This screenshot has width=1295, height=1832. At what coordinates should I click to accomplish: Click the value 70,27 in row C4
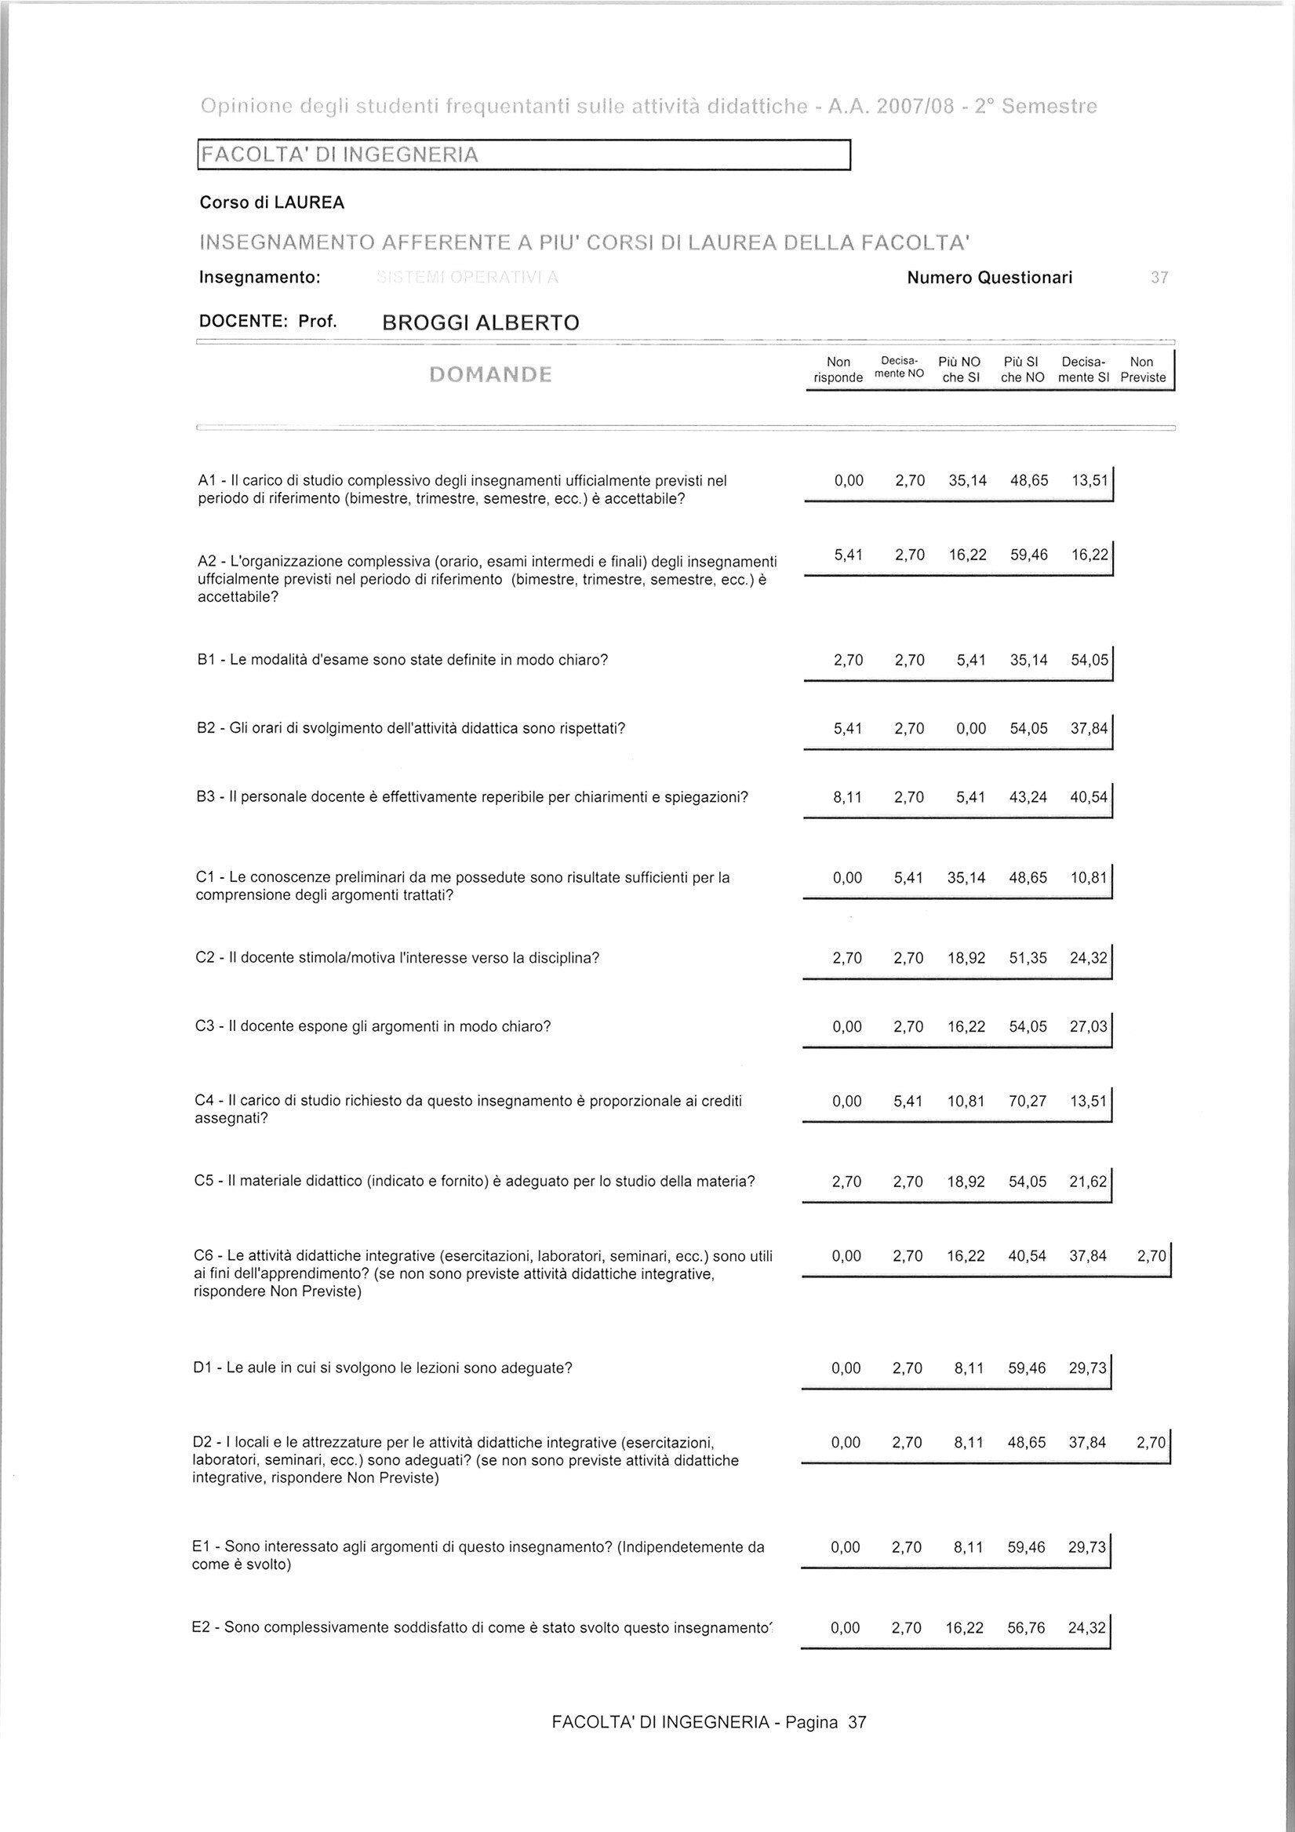[1028, 1101]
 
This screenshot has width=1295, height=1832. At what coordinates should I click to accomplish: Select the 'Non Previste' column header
[1143, 370]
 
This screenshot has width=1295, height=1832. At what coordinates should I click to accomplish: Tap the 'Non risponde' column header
[838, 370]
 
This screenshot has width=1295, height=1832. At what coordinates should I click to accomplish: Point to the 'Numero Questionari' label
[989, 278]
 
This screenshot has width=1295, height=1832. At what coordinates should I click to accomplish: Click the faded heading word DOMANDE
[490, 374]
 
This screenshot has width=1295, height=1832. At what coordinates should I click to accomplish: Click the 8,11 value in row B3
[847, 796]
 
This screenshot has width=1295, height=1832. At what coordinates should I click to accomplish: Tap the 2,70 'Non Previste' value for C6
[1151, 1256]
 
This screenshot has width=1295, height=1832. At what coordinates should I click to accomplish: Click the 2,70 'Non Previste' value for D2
[1151, 1442]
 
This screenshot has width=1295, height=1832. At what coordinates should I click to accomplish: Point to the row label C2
[205, 957]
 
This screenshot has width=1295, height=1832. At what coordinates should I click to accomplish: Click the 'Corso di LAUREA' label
[272, 202]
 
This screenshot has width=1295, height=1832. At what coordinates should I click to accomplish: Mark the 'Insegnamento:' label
[260, 278]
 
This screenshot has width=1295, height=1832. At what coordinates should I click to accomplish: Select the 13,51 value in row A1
[1090, 480]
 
